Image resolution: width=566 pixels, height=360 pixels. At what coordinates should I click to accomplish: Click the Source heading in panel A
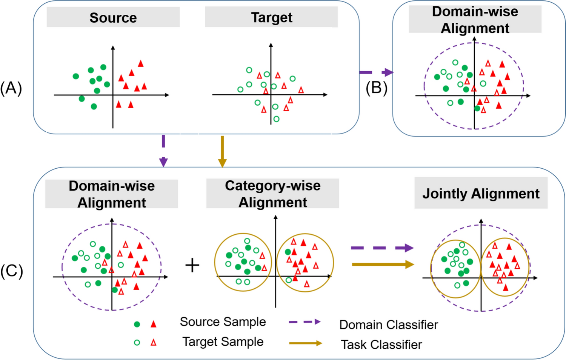point(113,18)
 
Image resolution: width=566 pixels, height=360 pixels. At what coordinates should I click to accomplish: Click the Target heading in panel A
point(272,17)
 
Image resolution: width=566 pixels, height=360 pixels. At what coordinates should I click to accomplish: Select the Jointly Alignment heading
point(481,194)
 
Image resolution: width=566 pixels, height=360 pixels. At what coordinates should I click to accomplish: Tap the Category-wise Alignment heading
point(272,194)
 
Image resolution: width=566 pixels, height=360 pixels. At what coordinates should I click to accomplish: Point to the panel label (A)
point(11,88)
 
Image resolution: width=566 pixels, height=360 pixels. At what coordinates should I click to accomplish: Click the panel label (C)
point(11,271)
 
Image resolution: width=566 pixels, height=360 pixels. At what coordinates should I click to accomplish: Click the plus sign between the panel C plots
point(192,265)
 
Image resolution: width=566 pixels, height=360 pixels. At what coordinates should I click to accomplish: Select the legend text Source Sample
point(223,322)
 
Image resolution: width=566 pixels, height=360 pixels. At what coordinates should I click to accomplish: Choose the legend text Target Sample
point(223,342)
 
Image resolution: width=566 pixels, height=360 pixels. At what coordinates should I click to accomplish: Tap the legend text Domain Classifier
point(389,325)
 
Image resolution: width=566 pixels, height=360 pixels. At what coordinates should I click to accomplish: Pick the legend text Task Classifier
point(381,345)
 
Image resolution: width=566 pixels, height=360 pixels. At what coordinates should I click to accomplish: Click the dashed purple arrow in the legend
point(305,322)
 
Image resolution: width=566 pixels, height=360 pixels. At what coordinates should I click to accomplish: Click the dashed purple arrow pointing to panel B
point(376,72)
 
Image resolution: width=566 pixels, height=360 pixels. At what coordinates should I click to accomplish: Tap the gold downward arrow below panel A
point(222,151)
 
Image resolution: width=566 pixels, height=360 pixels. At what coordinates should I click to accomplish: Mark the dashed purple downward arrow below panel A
point(163,151)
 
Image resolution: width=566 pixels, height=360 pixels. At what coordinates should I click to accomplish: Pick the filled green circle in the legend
point(137,324)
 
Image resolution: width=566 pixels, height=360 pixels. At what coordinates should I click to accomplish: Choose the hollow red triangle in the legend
point(154,343)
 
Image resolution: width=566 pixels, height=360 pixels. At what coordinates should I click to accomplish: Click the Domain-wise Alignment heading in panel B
point(475,20)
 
